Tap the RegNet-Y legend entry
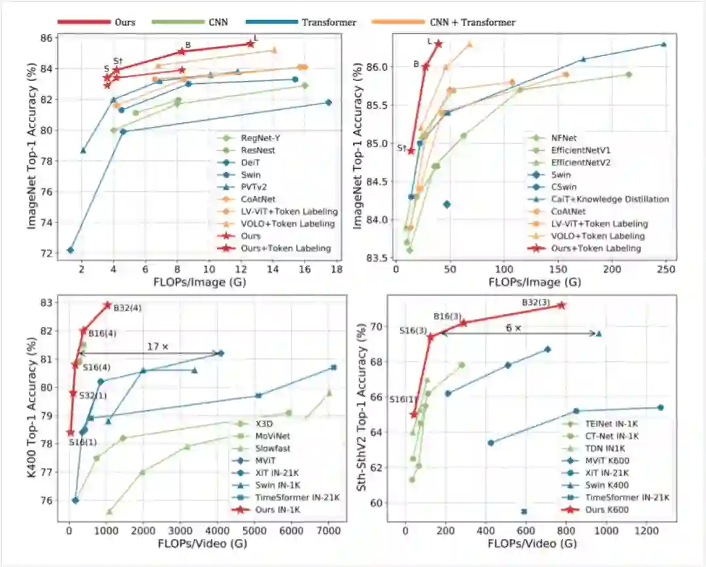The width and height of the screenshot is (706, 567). (x=258, y=138)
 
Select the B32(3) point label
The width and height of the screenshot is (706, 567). (x=536, y=303)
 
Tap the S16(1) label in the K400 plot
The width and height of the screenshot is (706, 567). (x=82, y=442)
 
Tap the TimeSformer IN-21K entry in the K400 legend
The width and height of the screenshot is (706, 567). (x=290, y=498)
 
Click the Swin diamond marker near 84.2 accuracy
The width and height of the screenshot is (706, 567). (x=447, y=205)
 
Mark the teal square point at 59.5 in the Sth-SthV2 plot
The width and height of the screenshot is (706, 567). (x=524, y=511)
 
